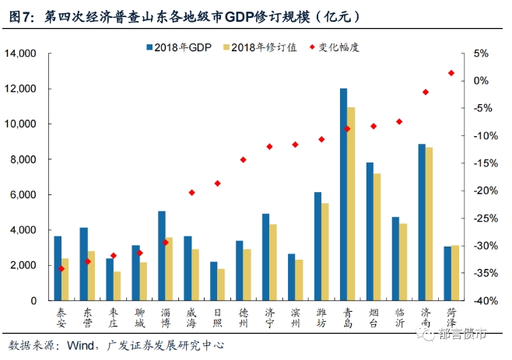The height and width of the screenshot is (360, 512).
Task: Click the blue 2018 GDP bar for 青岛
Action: pos(343,194)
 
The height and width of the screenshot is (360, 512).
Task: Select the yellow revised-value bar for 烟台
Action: pos(377,236)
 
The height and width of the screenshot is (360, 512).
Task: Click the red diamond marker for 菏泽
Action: pos(451,73)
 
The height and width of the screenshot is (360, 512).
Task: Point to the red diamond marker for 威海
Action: pos(191,192)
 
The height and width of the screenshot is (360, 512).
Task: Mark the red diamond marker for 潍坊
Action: pos(321,139)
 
